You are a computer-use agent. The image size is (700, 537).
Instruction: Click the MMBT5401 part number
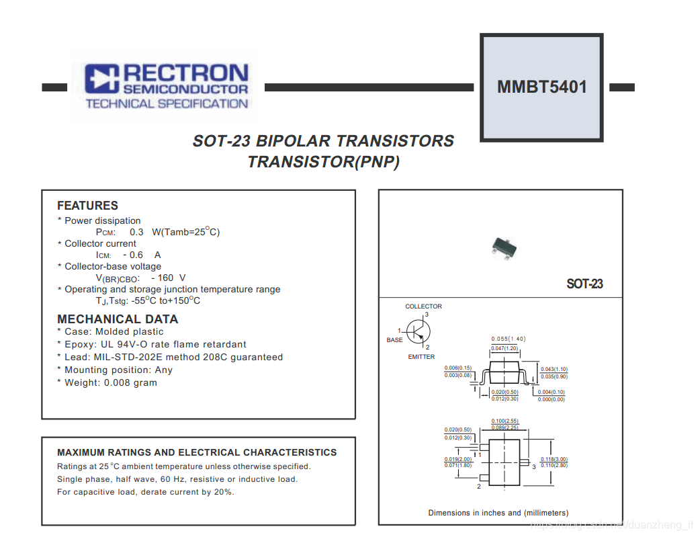pyautogui.click(x=541, y=87)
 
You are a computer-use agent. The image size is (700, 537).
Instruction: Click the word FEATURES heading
pyautogui.click(x=87, y=206)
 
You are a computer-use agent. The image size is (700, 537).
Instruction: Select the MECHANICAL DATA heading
pyautogui.click(x=118, y=319)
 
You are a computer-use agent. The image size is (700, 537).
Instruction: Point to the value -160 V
pyautogui.click(x=169, y=278)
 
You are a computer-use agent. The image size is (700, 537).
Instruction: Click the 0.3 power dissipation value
pyautogui.click(x=136, y=232)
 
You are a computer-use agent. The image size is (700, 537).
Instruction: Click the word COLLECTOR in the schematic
pyautogui.click(x=423, y=306)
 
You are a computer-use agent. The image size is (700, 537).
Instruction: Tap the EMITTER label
pyautogui.click(x=421, y=357)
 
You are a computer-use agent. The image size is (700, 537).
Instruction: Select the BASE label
pyautogui.click(x=394, y=340)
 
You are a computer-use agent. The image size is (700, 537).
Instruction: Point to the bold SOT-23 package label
pyautogui.click(x=584, y=284)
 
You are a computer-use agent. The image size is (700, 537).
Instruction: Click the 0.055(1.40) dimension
pyautogui.click(x=508, y=339)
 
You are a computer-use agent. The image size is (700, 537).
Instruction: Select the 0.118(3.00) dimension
pyautogui.click(x=554, y=459)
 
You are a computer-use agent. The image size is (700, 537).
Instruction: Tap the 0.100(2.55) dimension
pyautogui.click(x=505, y=421)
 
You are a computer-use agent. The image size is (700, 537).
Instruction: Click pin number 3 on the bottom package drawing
pyautogui.click(x=534, y=466)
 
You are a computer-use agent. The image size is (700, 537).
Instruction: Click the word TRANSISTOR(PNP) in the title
pyautogui.click(x=323, y=162)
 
